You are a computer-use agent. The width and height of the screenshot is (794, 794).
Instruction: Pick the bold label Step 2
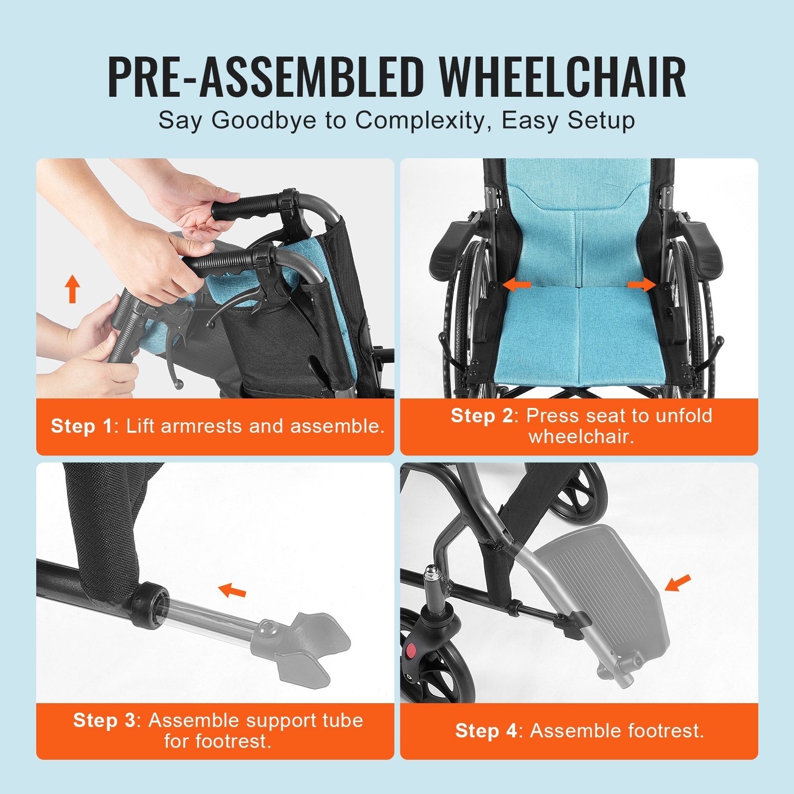(x=481, y=416)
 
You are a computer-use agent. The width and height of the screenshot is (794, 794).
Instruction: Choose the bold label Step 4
(x=486, y=730)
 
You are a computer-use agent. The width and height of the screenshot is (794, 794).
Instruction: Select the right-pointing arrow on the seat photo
(x=642, y=285)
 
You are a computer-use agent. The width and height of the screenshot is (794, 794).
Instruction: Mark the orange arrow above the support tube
(x=232, y=590)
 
